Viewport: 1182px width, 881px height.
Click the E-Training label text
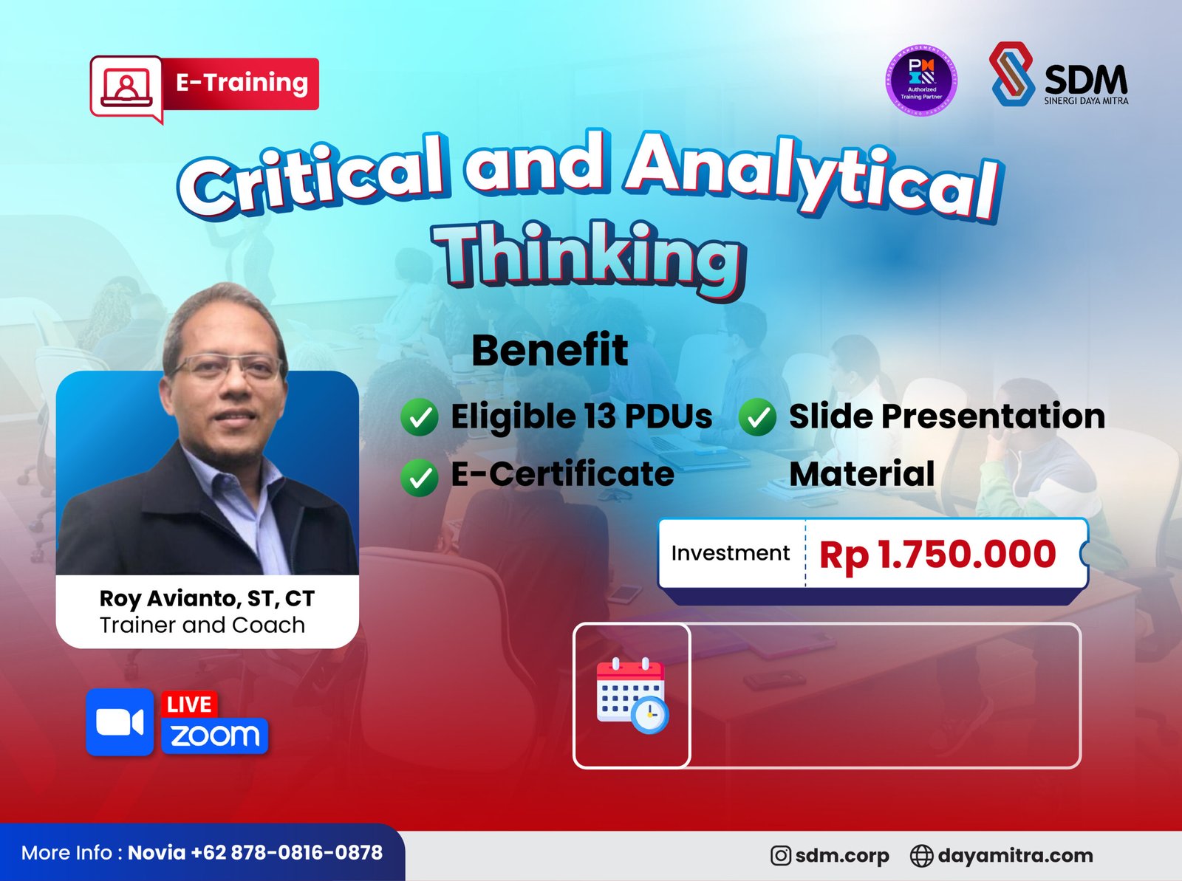[x=242, y=83]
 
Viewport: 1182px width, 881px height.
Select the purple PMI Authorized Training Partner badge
[x=921, y=80]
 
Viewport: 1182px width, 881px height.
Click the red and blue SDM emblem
[x=1012, y=74]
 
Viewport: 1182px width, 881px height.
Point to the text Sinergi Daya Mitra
[x=1086, y=100]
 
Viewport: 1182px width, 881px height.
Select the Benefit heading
[x=550, y=350]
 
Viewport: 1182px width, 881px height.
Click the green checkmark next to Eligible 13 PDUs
[x=420, y=417]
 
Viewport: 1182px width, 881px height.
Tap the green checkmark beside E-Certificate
[x=420, y=477]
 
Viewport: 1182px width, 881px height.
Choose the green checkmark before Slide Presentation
[x=757, y=417]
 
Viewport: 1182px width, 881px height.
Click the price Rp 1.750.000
[x=937, y=555]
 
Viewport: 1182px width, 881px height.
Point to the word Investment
[x=730, y=552]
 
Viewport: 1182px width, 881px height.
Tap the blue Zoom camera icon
[x=120, y=722]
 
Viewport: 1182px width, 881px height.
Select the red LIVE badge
[x=189, y=705]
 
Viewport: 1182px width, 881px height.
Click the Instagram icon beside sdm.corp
[x=780, y=855]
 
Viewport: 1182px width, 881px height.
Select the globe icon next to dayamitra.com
[x=921, y=856]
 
